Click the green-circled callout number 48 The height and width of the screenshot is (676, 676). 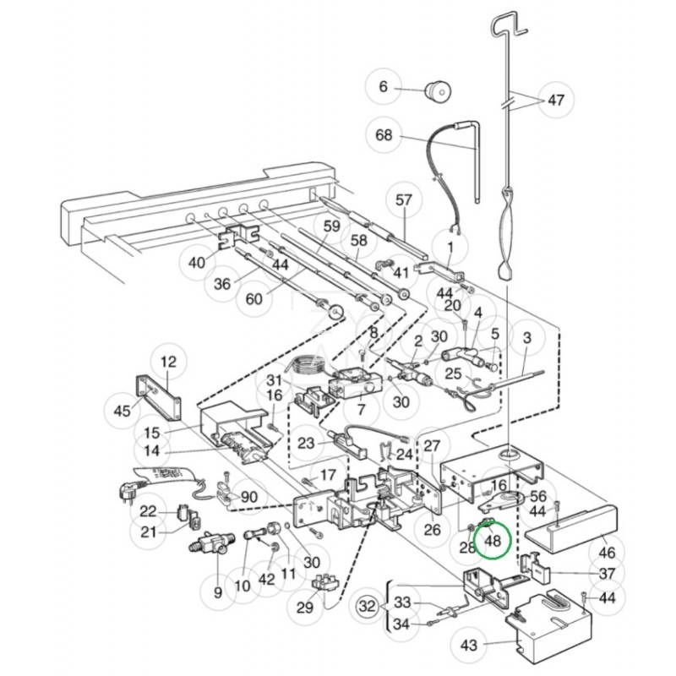point(492,540)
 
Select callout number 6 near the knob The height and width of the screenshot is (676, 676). point(383,87)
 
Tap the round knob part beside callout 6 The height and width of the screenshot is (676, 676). point(438,89)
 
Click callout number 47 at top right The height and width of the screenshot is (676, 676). point(555,100)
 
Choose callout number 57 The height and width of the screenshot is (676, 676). point(404,200)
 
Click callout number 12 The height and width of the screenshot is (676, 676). point(169,363)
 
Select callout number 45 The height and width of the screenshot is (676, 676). point(122,410)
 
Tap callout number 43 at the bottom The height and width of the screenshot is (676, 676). point(469,646)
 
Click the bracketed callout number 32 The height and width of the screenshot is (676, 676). point(366,606)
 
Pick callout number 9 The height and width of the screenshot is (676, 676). point(218,593)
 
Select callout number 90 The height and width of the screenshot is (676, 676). point(249,497)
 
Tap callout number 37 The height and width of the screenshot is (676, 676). point(607,574)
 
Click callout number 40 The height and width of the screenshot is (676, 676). point(197,263)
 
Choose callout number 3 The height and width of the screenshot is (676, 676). point(527,340)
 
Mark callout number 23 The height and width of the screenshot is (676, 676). point(306,442)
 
